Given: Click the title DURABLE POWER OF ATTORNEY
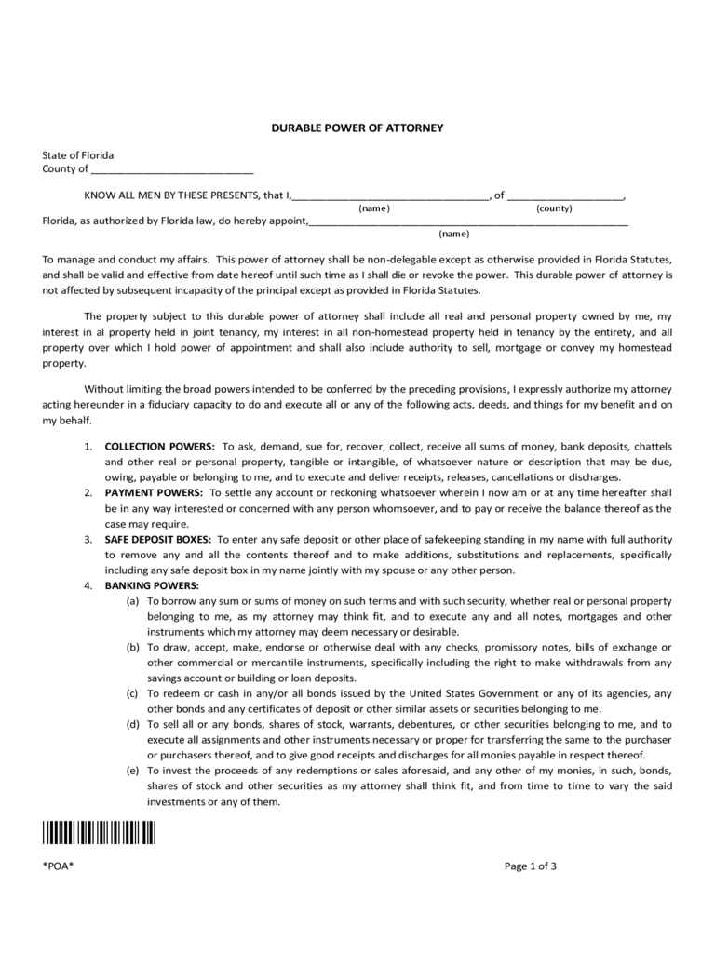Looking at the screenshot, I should click(x=357, y=128).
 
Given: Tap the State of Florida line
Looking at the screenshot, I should click(x=78, y=154).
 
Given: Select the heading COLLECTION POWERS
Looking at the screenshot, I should click(x=160, y=448).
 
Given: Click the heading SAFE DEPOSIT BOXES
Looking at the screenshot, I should click(x=159, y=539).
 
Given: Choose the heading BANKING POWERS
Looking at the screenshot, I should click(x=152, y=585).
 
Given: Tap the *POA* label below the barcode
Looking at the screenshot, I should click(x=58, y=866).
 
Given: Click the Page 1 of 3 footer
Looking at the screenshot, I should click(x=531, y=866).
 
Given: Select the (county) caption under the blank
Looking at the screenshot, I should click(x=554, y=208).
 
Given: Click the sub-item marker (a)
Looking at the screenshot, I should click(x=133, y=601).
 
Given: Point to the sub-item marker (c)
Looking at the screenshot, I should click(x=133, y=693).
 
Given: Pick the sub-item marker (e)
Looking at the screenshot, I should click(x=133, y=771).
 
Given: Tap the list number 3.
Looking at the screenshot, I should click(x=88, y=539).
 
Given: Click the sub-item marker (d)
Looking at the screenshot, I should click(x=133, y=724).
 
